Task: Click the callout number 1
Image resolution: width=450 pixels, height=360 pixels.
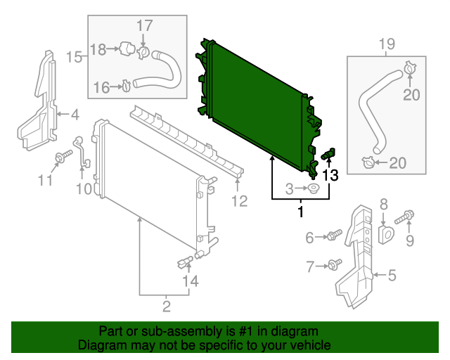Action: point(301,211)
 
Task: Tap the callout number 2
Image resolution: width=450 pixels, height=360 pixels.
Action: point(167,305)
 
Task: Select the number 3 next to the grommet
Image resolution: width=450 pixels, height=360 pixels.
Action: point(289,188)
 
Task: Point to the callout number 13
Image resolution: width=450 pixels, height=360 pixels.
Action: point(330,176)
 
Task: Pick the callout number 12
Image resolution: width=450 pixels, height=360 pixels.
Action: point(239,202)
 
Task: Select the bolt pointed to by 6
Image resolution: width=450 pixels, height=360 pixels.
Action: point(333,234)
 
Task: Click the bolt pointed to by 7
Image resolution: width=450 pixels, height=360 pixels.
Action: point(334,265)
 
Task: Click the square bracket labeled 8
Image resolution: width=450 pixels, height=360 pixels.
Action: point(385,233)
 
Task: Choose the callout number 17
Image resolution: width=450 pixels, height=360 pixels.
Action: point(143,27)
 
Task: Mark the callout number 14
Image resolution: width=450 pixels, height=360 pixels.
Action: point(191,282)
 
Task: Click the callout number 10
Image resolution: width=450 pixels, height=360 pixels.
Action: point(84,188)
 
